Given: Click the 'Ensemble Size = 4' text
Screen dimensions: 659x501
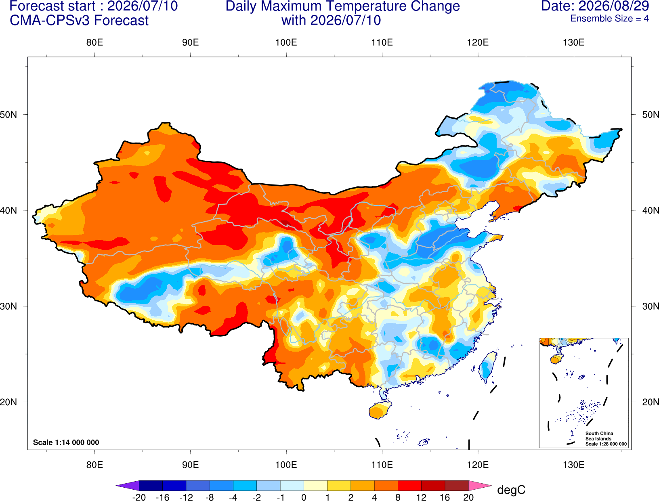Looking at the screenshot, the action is tap(609, 19).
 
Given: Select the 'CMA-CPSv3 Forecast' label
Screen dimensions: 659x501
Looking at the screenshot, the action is tap(79, 21).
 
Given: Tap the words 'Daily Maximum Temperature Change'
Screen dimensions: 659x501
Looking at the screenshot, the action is tap(342, 6).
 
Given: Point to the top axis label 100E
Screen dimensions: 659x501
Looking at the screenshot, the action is tap(286, 42).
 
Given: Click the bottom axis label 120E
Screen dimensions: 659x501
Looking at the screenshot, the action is tap(478, 465).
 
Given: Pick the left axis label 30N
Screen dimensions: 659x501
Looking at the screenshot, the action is tap(8, 306).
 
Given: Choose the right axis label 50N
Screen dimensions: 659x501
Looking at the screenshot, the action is tap(651, 114).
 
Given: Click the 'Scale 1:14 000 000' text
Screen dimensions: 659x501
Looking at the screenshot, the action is tap(66, 442).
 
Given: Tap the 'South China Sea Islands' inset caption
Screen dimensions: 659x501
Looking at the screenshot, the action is tap(599, 436).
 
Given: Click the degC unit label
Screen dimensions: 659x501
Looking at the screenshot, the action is tap(511, 490).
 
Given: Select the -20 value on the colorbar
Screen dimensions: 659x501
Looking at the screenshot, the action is tap(139, 497).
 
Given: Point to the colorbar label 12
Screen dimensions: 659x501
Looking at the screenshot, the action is tap(421, 497).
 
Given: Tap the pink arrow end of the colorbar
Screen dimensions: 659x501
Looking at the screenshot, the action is tap(479, 485).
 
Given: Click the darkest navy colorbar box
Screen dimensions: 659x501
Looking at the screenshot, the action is tap(151, 485).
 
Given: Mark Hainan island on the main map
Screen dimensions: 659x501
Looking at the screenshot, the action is tap(380, 410).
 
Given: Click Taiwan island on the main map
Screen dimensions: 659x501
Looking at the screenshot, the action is tap(487, 367).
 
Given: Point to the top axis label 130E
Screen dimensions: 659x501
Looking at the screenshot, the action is tap(573, 42).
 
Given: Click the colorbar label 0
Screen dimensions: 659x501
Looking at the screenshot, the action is tap(304, 497).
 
